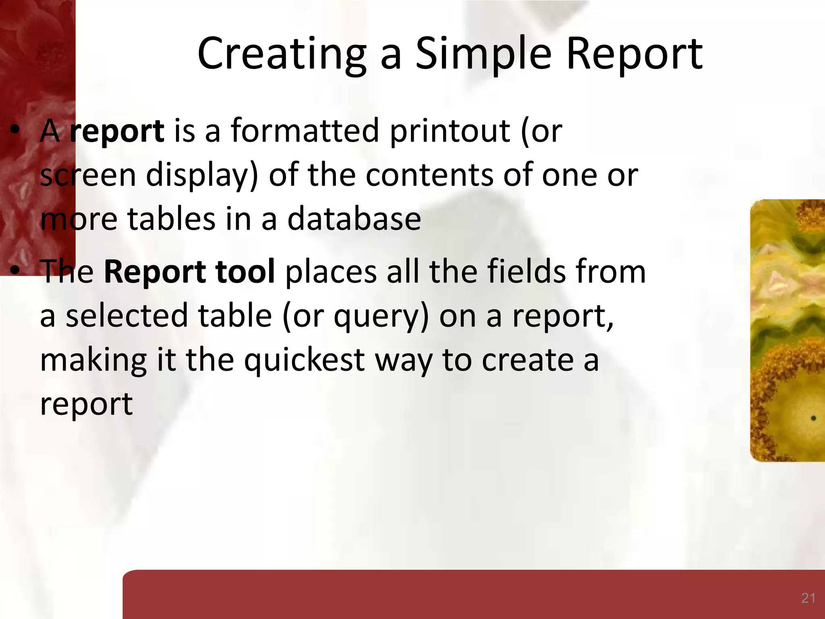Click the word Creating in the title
[x=282, y=54]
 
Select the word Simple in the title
[x=483, y=54]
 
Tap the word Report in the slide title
[x=634, y=54]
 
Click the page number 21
[x=808, y=598]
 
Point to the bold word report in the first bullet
[x=116, y=131]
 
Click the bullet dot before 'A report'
[x=15, y=130]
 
